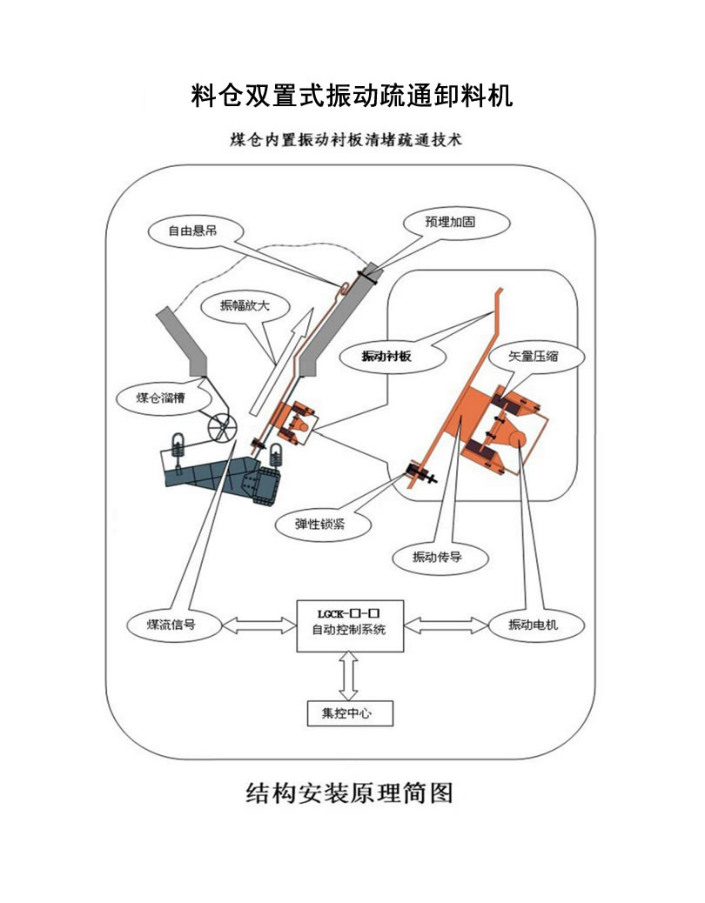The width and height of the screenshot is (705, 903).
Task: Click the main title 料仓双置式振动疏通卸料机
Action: pyautogui.click(x=352, y=95)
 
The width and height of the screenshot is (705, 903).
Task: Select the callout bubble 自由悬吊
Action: pyautogui.click(x=190, y=231)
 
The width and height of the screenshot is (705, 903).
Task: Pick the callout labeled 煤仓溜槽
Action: pyautogui.click(x=160, y=398)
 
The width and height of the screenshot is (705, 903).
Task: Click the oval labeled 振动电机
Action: pyautogui.click(x=534, y=624)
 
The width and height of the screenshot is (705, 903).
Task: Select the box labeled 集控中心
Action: pyautogui.click(x=351, y=713)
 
